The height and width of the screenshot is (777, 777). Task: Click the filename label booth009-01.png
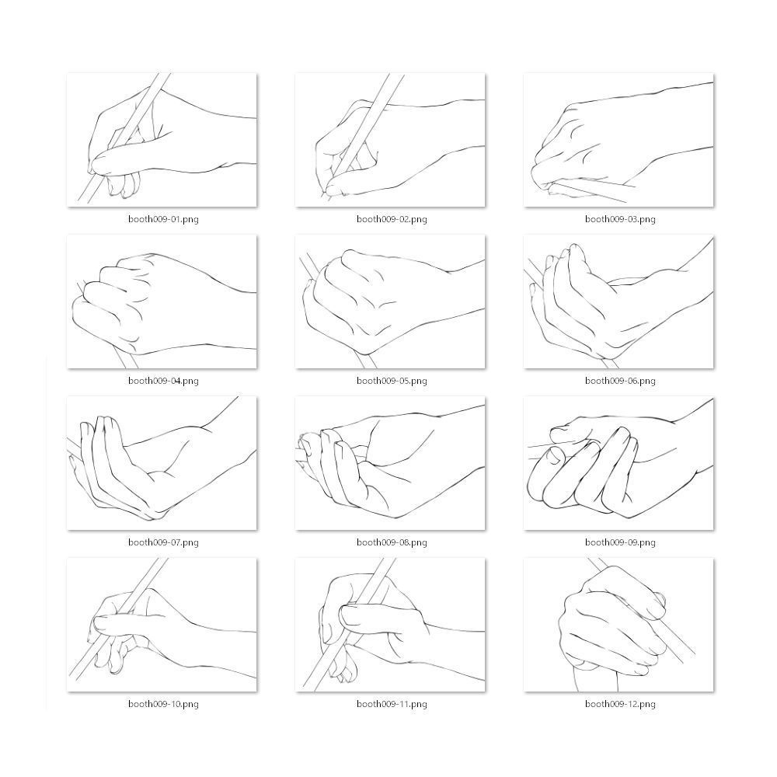(x=163, y=219)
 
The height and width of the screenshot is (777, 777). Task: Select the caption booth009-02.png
(x=392, y=219)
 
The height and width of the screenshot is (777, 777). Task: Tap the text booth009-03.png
(x=620, y=219)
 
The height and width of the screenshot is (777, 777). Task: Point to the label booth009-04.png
(x=163, y=381)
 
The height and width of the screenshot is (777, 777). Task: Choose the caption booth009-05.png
(x=392, y=381)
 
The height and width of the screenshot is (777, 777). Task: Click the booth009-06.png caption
(x=620, y=381)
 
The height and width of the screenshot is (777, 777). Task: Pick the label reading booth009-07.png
(x=163, y=542)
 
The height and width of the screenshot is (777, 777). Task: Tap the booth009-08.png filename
(x=392, y=542)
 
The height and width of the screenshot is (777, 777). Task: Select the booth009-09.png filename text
(x=620, y=542)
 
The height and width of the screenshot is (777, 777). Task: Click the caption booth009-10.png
(x=163, y=704)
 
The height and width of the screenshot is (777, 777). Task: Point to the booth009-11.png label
(x=392, y=704)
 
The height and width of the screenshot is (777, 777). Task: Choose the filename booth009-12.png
(x=620, y=704)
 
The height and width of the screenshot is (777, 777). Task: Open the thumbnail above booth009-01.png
(x=162, y=140)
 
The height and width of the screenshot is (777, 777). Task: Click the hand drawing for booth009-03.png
(x=618, y=140)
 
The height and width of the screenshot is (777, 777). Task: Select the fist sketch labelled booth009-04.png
(x=162, y=301)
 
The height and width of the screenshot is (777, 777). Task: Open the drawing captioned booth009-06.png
(x=618, y=301)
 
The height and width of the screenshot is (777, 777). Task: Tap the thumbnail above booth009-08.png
(x=390, y=463)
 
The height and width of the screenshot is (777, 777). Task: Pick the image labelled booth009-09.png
(x=618, y=463)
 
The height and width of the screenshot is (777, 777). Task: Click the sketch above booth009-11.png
(x=390, y=625)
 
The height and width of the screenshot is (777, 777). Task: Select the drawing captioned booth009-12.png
(x=618, y=625)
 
